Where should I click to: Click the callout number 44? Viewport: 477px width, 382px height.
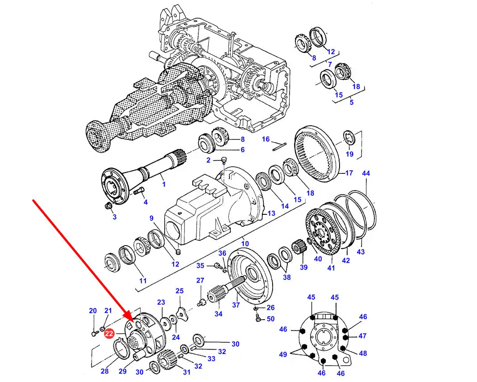point(366,173)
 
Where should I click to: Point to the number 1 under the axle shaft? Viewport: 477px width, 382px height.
point(163,184)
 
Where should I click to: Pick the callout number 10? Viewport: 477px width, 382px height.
point(245,244)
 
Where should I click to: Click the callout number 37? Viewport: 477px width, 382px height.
point(236,305)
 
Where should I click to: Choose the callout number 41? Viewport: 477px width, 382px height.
point(331,268)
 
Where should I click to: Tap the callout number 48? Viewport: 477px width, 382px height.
point(363,353)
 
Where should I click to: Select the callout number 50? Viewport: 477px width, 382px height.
point(271,319)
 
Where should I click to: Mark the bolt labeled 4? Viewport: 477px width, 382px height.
point(137,192)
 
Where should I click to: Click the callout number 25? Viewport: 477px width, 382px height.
point(179,291)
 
